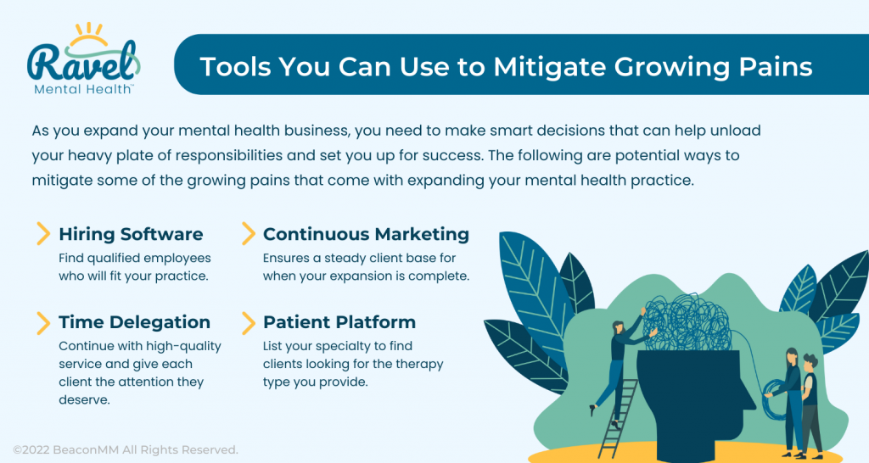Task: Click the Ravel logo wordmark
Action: pos(81,62)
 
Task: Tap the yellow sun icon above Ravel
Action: pos(88,34)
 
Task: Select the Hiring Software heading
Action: pos(131,234)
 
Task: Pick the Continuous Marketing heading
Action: pos(366,234)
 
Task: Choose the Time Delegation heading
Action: pos(135,321)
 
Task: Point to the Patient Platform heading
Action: pos(339,321)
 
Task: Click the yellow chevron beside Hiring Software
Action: pos(43,234)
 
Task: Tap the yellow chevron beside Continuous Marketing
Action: pos(249,234)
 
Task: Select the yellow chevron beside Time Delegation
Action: pos(43,323)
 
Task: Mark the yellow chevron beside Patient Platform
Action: pos(249,323)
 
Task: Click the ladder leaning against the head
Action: pos(619,418)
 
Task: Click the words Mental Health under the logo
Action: pos(82,89)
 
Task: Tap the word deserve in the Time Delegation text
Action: pos(84,400)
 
